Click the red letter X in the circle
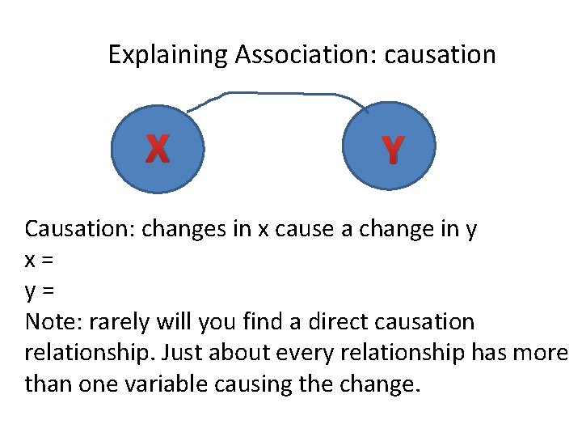point(158,148)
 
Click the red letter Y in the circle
point(391,150)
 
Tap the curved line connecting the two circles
point(275,93)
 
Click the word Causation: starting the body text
point(80,229)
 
